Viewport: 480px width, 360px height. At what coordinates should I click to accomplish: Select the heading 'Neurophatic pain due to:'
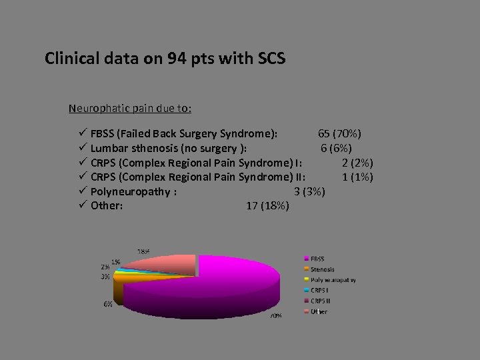[130, 108]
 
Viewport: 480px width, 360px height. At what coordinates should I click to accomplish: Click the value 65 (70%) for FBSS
[340, 134]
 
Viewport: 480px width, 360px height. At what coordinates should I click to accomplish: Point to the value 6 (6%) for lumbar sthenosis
[336, 148]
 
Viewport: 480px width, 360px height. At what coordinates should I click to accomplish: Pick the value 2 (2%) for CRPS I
[357, 163]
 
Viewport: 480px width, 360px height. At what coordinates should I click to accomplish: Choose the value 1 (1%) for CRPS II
[357, 177]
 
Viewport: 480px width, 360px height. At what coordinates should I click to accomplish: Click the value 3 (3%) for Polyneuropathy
[309, 191]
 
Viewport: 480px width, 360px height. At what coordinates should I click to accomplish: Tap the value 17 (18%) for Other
[267, 205]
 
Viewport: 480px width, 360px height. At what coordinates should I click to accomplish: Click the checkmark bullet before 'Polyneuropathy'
[83, 191]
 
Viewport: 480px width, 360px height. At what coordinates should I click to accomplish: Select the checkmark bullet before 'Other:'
[83, 205]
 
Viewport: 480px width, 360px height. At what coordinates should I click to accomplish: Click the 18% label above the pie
[143, 251]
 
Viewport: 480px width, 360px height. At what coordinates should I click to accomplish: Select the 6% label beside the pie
[107, 304]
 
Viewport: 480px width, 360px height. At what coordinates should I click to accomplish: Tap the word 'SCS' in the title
[271, 59]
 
